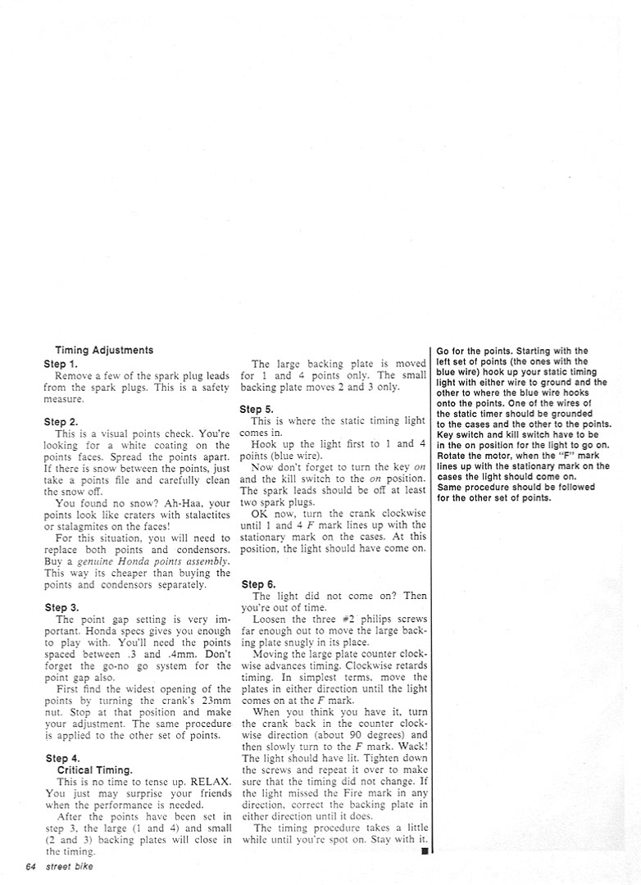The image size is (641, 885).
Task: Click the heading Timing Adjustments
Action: click(x=104, y=350)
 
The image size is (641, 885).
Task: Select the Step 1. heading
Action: click(x=61, y=363)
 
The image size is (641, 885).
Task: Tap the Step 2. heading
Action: click(x=61, y=421)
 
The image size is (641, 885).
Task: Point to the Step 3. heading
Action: click(x=61, y=607)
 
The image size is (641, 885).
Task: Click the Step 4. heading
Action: click(x=61, y=758)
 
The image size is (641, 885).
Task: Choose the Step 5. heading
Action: click(x=257, y=409)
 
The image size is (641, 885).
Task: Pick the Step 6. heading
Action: click(x=258, y=584)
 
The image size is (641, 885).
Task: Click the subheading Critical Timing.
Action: click(x=94, y=770)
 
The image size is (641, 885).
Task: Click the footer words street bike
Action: click(x=70, y=868)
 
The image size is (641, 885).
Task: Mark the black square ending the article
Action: click(x=425, y=851)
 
